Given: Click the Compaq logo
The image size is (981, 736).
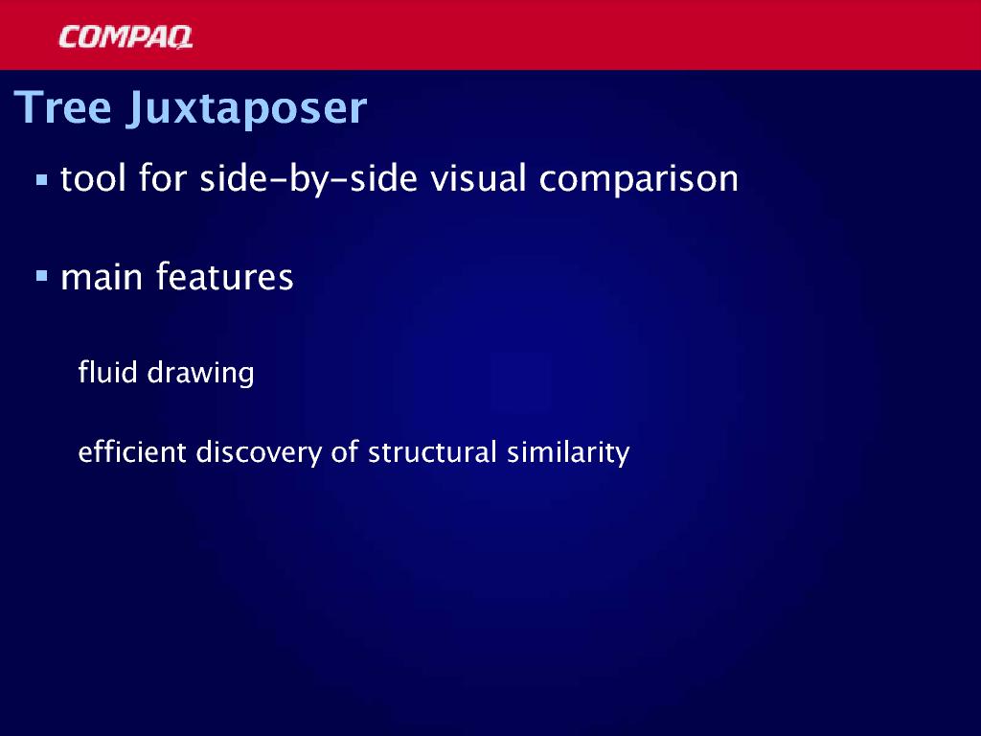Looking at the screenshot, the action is [x=125, y=37].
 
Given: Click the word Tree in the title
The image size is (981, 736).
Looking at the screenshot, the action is [x=62, y=107].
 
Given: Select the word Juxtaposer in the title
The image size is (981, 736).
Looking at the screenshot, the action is [x=246, y=110].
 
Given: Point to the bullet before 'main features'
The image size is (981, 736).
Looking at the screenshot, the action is [x=42, y=276].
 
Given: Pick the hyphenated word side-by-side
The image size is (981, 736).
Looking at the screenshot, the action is [x=308, y=179].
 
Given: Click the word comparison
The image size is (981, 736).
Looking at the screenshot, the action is [x=639, y=179].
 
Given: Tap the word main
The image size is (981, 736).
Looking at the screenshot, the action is [x=102, y=277].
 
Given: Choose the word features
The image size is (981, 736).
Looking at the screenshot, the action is [x=224, y=276].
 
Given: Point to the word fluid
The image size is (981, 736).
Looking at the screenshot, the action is [x=107, y=372].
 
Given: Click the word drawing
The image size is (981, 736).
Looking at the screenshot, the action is [x=200, y=374].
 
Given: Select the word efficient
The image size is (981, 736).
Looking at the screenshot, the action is [x=132, y=451].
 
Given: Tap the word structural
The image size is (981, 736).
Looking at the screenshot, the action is [x=432, y=451].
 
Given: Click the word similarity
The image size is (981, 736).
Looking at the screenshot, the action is [x=568, y=453].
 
